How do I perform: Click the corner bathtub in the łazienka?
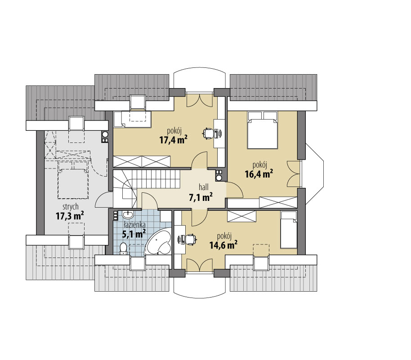pyautogui.click(x=158, y=242)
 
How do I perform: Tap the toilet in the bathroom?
pyautogui.click(x=123, y=249)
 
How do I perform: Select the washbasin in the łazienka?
pyautogui.click(x=128, y=214)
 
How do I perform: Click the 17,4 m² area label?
pyautogui.click(x=173, y=139)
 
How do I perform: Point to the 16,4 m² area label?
pyautogui.click(x=259, y=173)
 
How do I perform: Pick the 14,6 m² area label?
pyautogui.click(x=223, y=244)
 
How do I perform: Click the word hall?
pyautogui.click(x=204, y=187)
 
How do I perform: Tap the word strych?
pyautogui.click(x=71, y=207)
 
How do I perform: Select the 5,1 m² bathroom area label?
pyautogui.click(x=134, y=233)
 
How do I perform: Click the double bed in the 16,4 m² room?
pyautogui.click(x=263, y=130)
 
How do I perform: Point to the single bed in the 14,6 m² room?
pyautogui.click(x=289, y=230)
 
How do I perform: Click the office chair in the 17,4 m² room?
pyautogui.click(x=208, y=133)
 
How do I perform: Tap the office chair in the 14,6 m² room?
pyautogui.click(x=191, y=239)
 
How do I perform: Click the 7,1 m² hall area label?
pyautogui.click(x=201, y=197)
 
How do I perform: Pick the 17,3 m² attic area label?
pyautogui.click(x=70, y=216)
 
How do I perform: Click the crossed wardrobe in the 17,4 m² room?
pyautogui.click(x=142, y=161)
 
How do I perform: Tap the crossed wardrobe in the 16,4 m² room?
pyautogui.click(x=278, y=202)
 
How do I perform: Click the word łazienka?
pyautogui.click(x=134, y=225)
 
